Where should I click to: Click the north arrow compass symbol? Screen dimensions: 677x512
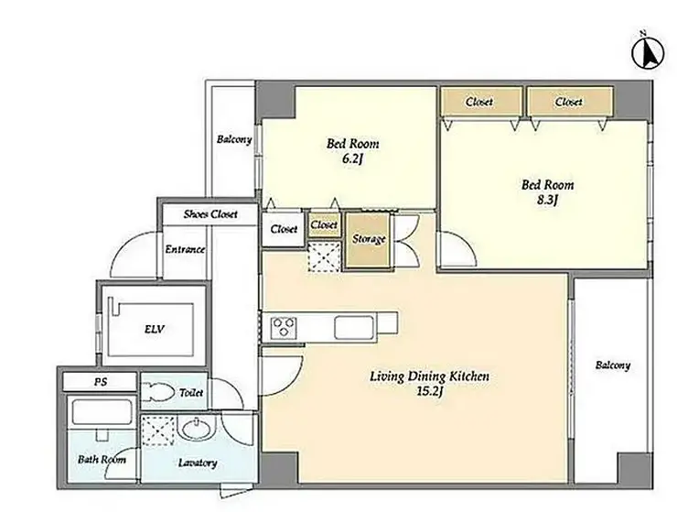(x=648, y=53)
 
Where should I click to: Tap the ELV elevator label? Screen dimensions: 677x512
(x=154, y=330)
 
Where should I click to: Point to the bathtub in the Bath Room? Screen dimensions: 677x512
(x=102, y=411)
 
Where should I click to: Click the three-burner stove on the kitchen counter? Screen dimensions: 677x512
(x=284, y=327)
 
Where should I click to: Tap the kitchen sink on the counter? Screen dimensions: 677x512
(x=354, y=327)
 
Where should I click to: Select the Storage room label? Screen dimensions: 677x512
(x=369, y=239)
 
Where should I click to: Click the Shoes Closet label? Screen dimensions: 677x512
(x=210, y=214)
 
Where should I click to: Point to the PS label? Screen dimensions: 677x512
(x=101, y=382)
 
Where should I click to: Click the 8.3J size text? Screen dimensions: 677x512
(x=548, y=202)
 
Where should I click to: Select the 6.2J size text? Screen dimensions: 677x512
(x=353, y=159)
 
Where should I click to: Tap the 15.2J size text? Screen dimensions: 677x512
(x=430, y=392)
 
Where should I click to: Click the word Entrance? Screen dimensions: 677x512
(x=185, y=249)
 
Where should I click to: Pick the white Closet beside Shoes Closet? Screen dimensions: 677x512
(x=284, y=229)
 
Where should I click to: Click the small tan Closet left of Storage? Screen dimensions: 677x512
(x=324, y=225)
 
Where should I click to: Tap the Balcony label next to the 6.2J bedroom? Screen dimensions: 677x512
(x=234, y=139)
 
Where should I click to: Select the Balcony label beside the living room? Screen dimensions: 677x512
(x=613, y=365)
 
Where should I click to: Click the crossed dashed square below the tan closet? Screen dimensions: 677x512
(x=324, y=257)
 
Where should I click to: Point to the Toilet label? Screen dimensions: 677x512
(x=191, y=393)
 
